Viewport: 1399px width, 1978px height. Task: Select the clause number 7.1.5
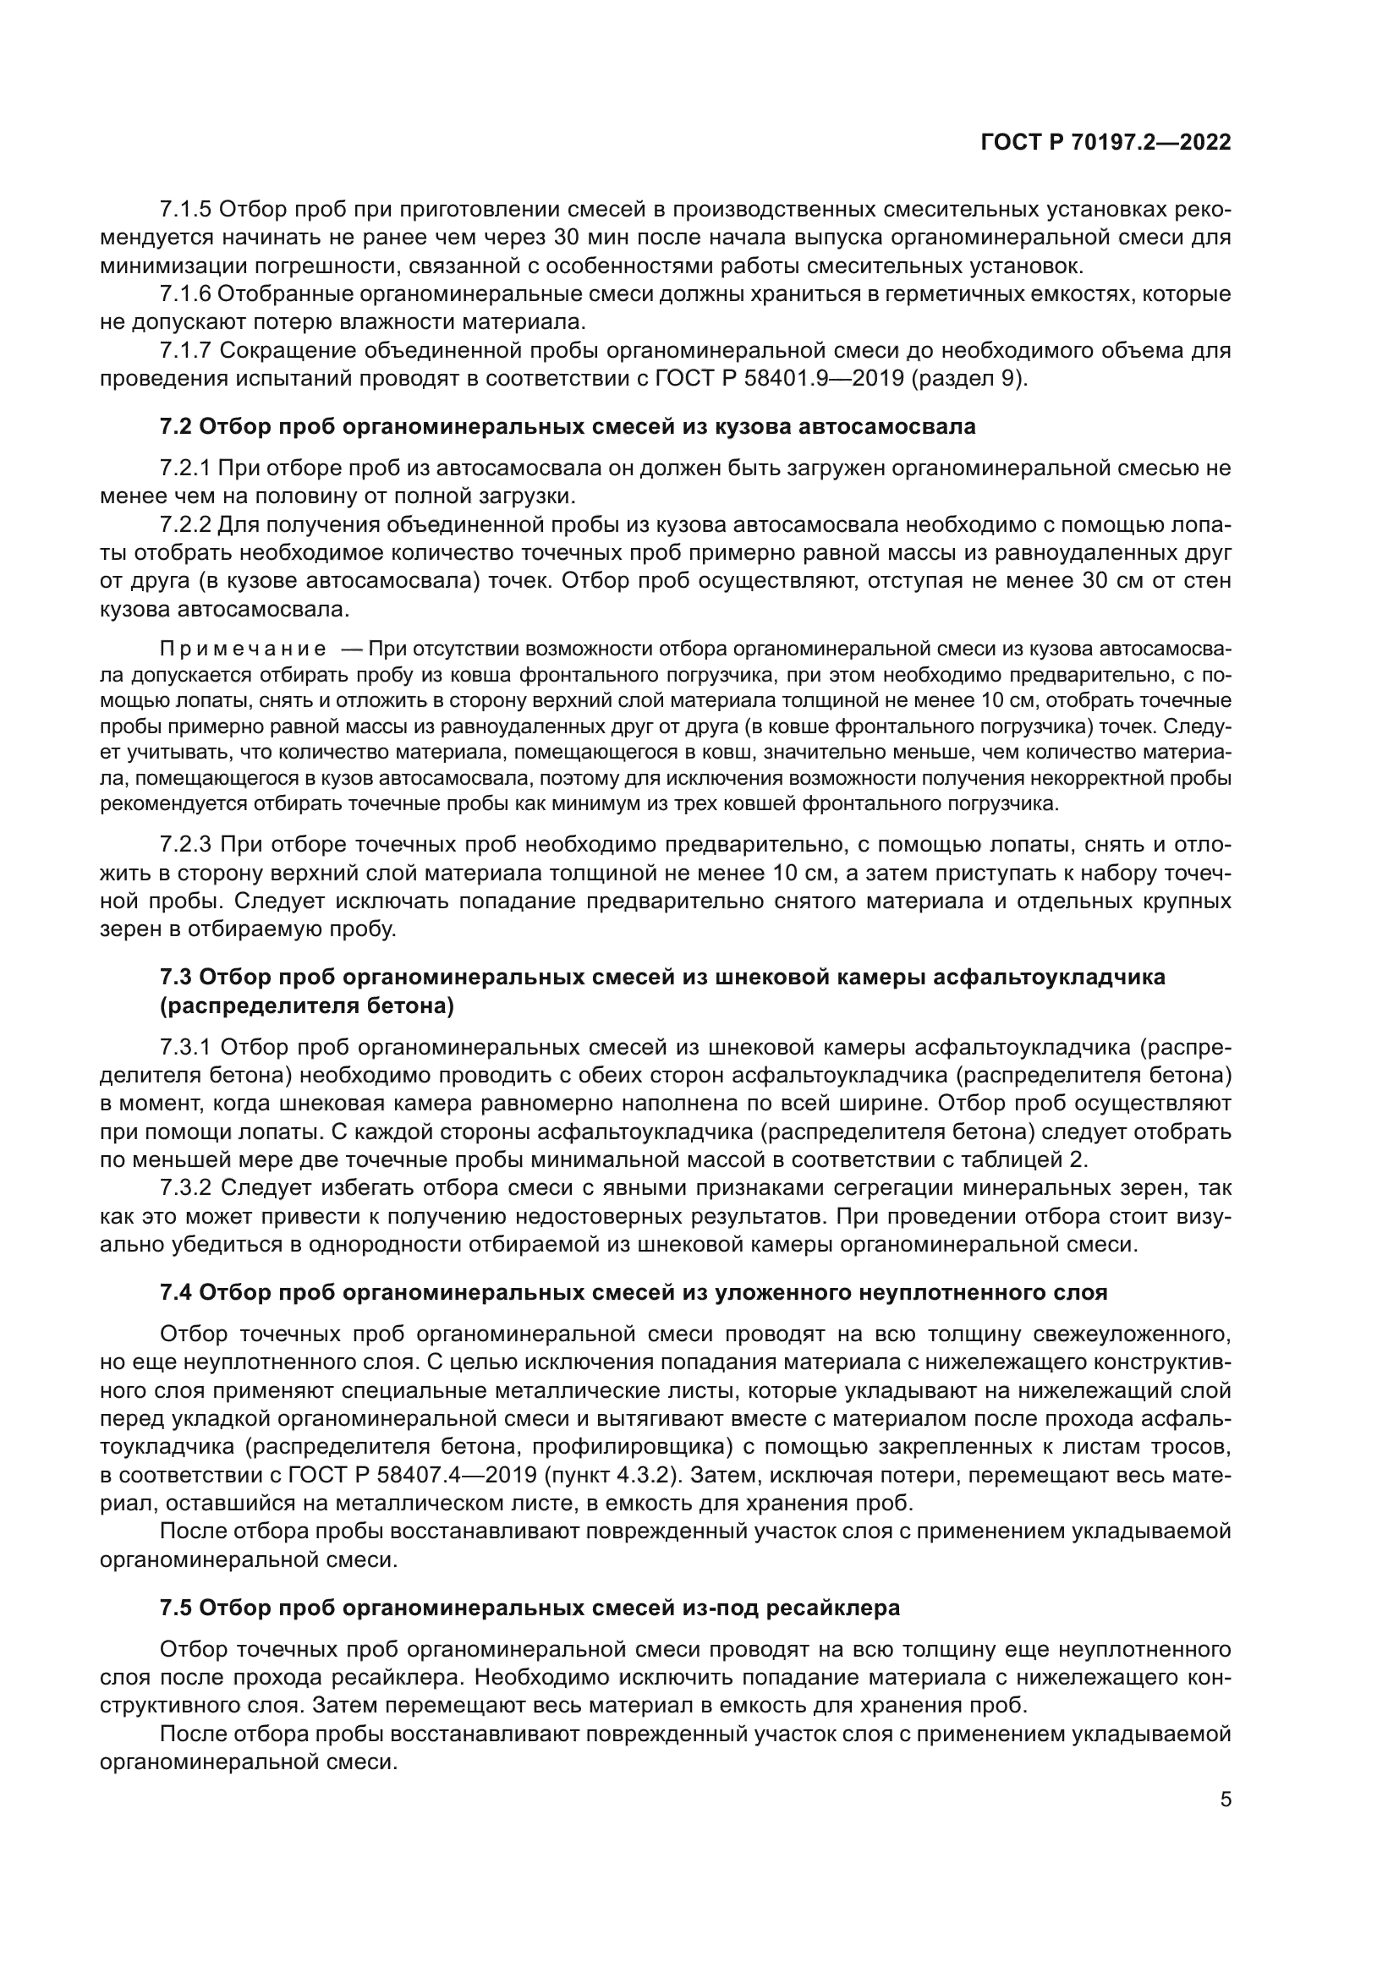point(185,210)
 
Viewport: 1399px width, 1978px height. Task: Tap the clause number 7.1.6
point(185,293)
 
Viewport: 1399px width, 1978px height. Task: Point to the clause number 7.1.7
point(185,351)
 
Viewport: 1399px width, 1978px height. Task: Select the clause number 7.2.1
point(185,468)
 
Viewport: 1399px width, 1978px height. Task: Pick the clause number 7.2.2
point(185,524)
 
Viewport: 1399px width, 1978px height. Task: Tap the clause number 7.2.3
point(185,845)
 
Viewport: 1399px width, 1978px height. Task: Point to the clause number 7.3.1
point(185,1048)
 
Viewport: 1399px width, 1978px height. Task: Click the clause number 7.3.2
point(185,1189)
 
